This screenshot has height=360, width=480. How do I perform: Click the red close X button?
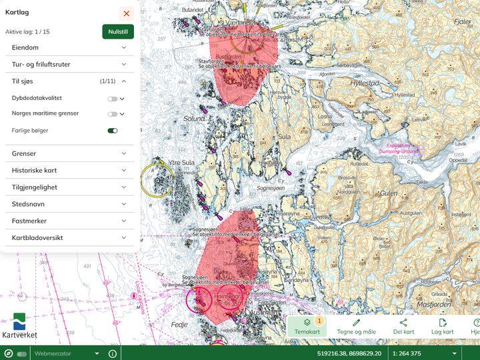click(x=127, y=13)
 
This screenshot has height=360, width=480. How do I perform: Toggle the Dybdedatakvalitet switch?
click(x=113, y=99)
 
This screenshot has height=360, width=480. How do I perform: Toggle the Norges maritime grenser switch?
click(x=113, y=114)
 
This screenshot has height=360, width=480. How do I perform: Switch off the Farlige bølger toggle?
click(x=113, y=131)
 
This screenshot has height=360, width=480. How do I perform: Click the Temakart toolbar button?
click(x=307, y=326)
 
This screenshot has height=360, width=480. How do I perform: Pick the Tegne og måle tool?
click(x=356, y=326)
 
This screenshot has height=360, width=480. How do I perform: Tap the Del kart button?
click(x=403, y=326)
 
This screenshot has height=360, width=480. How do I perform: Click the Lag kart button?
click(x=442, y=326)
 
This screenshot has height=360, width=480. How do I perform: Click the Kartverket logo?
click(x=20, y=326)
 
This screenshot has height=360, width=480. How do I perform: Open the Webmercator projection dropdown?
click(x=67, y=353)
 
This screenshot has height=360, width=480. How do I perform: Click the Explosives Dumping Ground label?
click(x=399, y=148)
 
